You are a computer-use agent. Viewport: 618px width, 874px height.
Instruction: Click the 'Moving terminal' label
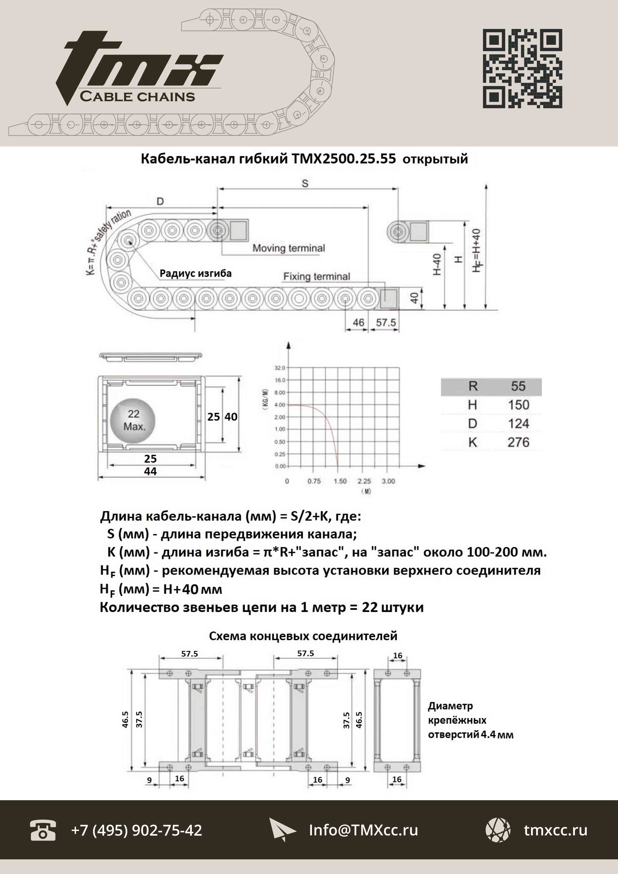(289, 248)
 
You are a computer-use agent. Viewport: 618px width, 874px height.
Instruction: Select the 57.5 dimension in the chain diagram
(386, 322)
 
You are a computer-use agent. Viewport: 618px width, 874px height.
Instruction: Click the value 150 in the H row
(518, 405)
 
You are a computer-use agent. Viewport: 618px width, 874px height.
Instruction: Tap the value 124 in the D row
(518, 423)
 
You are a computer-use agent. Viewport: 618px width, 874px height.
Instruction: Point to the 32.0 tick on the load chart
(279, 368)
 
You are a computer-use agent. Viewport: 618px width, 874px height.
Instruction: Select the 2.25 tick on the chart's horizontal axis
(364, 481)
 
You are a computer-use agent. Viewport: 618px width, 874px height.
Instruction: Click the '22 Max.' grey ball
(133, 421)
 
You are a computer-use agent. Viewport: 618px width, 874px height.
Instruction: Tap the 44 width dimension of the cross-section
(150, 471)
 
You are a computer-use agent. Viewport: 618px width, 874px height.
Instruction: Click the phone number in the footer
(137, 830)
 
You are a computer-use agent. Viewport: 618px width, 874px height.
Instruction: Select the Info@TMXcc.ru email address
(363, 830)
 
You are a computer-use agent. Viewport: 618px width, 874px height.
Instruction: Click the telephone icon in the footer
(43, 830)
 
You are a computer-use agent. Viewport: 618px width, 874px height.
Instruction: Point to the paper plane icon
(282, 830)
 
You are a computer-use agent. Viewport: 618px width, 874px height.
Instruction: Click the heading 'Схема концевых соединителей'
(303, 636)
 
